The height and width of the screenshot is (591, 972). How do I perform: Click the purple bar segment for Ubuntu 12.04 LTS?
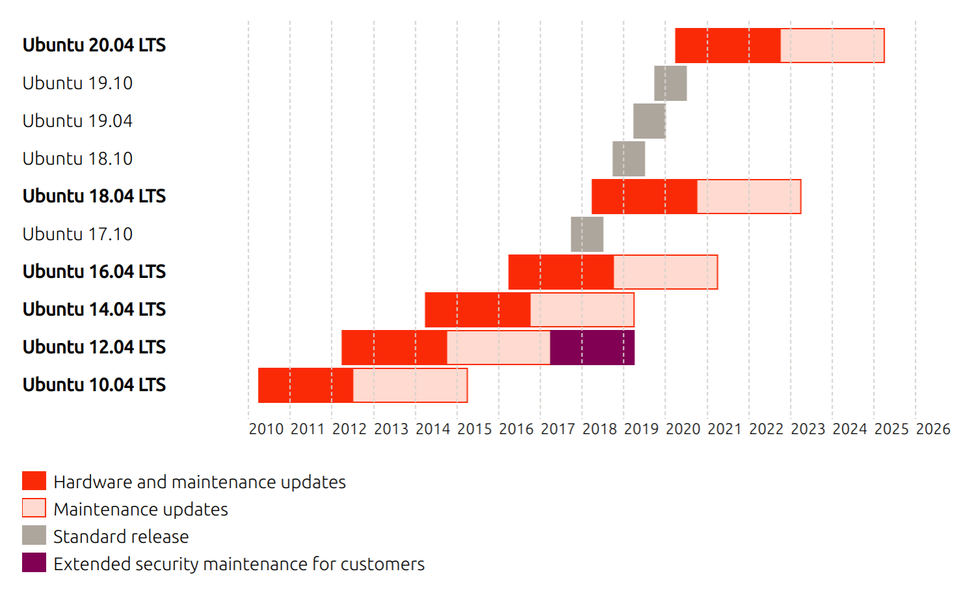click(592, 348)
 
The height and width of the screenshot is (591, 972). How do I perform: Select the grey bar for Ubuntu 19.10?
click(670, 83)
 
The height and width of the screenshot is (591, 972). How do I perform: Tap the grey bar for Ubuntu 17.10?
click(587, 234)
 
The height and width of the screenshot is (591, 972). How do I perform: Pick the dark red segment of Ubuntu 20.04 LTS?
click(727, 46)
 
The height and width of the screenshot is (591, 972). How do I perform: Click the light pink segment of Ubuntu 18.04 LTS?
click(749, 197)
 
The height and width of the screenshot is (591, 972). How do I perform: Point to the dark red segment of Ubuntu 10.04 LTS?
click(306, 385)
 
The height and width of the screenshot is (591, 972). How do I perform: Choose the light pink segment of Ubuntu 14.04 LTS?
click(582, 310)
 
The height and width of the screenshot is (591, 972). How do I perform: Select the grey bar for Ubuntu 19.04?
click(649, 121)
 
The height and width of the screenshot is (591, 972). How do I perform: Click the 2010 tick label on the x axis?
click(266, 429)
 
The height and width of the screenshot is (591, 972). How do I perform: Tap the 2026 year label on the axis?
click(933, 429)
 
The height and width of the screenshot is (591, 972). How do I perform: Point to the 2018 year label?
click(599, 429)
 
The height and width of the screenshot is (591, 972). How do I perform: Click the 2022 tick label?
click(766, 429)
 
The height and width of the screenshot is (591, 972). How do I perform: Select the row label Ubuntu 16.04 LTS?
click(94, 271)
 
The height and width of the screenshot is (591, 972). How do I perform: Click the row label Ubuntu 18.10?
click(77, 159)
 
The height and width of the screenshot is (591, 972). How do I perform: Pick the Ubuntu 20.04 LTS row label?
click(94, 46)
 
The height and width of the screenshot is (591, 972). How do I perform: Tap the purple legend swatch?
click(34, 563)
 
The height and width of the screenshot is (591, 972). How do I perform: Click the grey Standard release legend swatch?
click(34, 536)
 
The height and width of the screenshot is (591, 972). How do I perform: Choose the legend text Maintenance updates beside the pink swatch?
click(141, 509)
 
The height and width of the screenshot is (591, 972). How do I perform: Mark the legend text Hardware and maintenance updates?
click(199, 482)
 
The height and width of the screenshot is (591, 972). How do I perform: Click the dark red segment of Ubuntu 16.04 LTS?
click(561, 272)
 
